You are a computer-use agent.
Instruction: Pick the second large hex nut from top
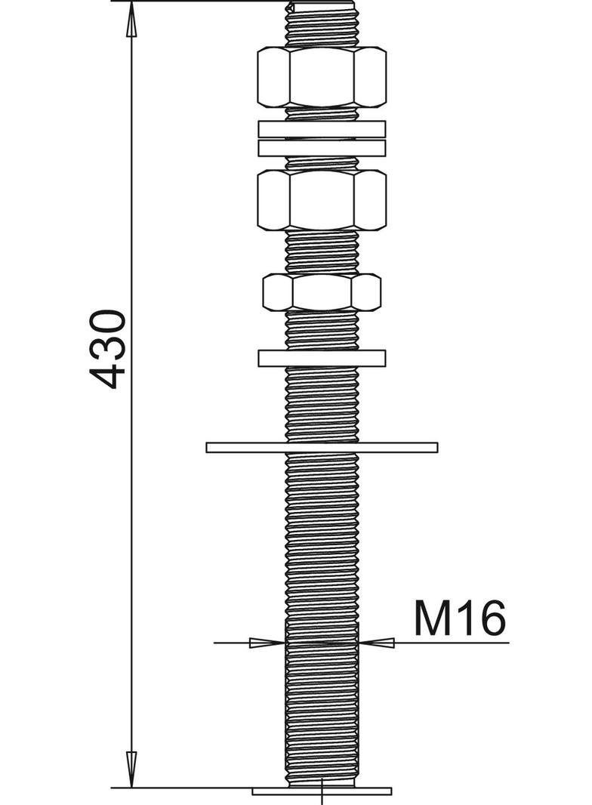pyautogui.click(x=322, y=199)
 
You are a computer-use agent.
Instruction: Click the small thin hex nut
pyautogui.click(x=322, y=292)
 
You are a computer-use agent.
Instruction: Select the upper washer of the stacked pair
pyautogui.click(x=322, y=129)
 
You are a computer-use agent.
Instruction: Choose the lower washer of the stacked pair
pyautogui.click(x=322, y=148)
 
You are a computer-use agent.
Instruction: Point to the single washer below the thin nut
pyautogui.click(x=322, y=358)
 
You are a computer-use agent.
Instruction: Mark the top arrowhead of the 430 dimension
pyautogui.click(x=131, y=19)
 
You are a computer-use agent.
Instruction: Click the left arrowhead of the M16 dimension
pyautogui.click(x=267, y=643)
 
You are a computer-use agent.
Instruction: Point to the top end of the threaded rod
pyautogui.click(x=322, y=6)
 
